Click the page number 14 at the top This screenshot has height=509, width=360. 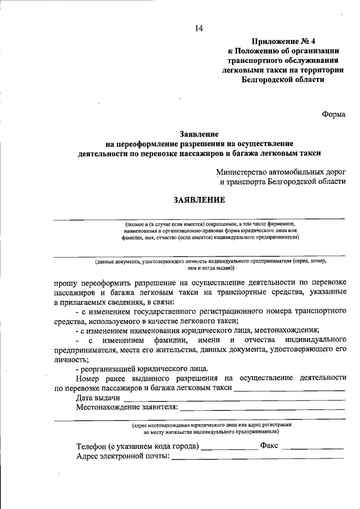tap(199, 29)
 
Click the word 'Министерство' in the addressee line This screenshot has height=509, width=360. tap(243, 173)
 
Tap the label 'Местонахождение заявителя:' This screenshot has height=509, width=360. tap(127, 407)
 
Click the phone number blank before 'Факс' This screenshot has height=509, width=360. tap(228, 448)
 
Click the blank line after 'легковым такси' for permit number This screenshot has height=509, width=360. tap(289, 389)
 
